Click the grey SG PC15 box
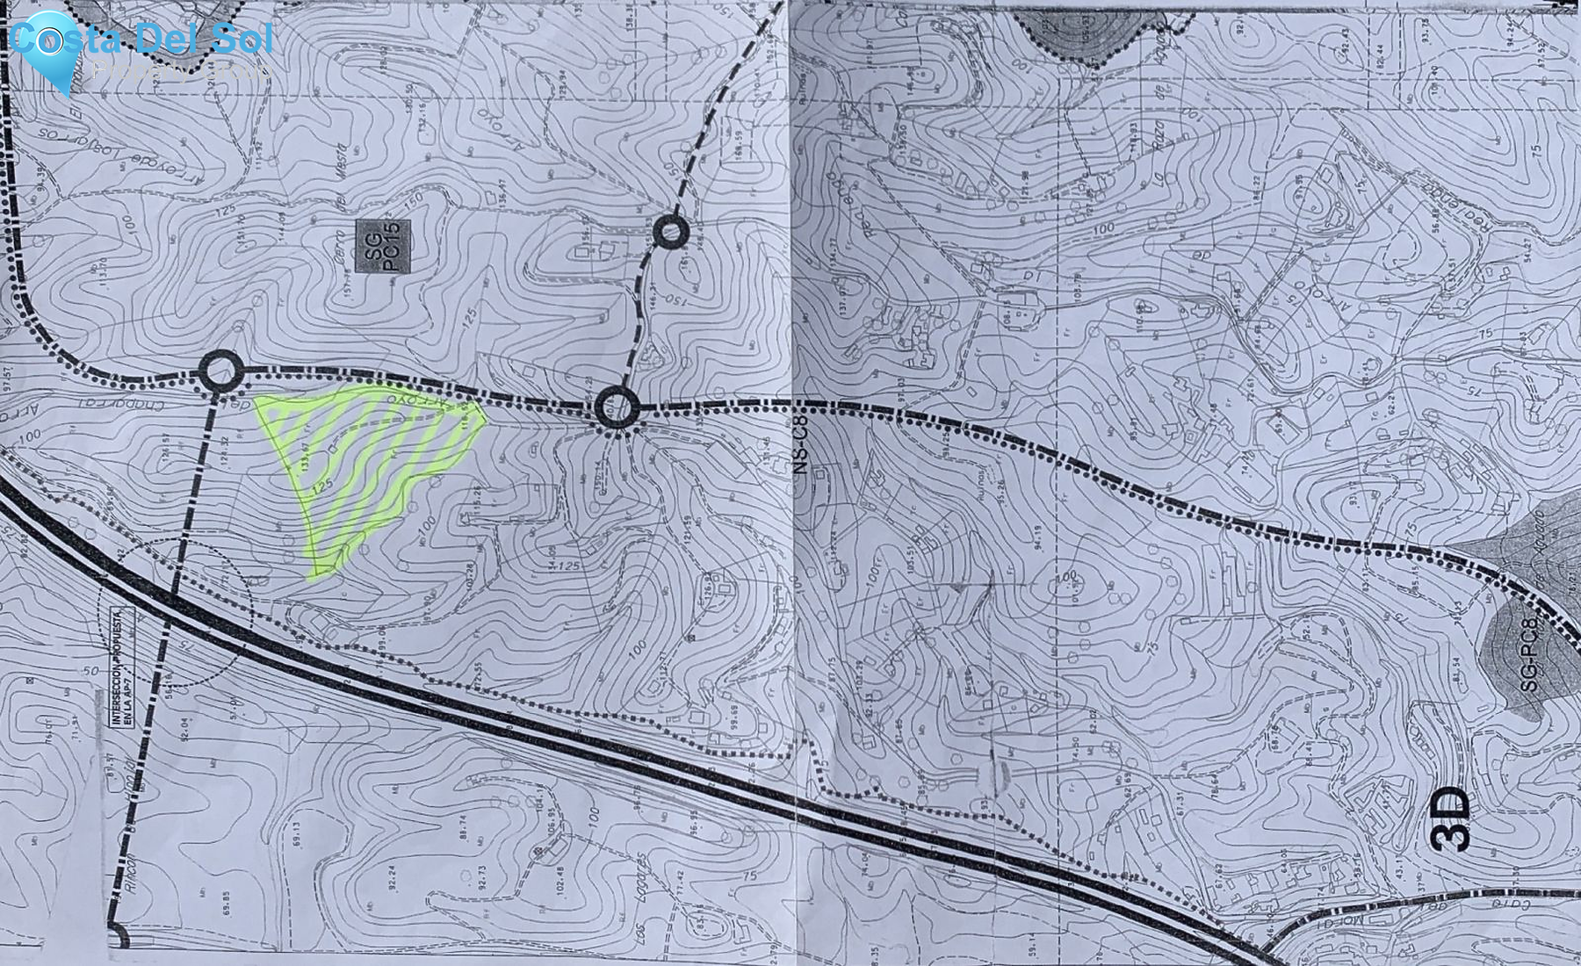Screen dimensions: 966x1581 [384, 245]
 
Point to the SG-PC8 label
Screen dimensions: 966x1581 [1529, 655]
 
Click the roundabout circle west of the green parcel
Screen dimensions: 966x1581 [220, 371]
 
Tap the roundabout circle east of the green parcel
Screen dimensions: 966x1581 [617, 407]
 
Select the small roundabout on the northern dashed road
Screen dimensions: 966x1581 [672, 232]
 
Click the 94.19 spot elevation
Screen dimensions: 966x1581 [1037, 537]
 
